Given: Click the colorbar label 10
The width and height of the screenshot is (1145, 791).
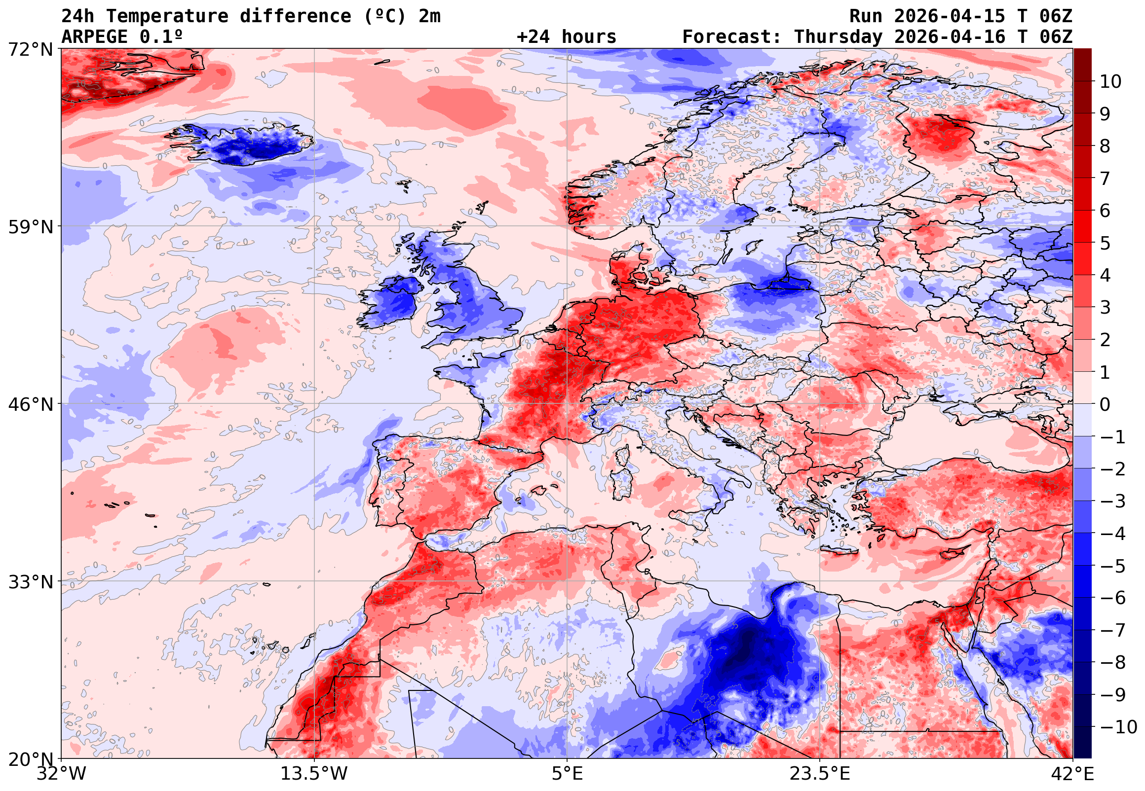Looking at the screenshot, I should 1110,82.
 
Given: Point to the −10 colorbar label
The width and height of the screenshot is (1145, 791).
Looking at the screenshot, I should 1118,727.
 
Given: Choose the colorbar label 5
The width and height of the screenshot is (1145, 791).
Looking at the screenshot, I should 1105,243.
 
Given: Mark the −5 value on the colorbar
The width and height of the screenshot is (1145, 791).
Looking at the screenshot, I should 1113,566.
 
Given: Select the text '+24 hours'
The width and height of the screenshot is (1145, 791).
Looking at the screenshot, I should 566,36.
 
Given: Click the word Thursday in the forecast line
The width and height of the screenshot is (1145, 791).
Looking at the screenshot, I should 838,36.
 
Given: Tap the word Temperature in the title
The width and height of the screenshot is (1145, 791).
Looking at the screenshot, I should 167,16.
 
